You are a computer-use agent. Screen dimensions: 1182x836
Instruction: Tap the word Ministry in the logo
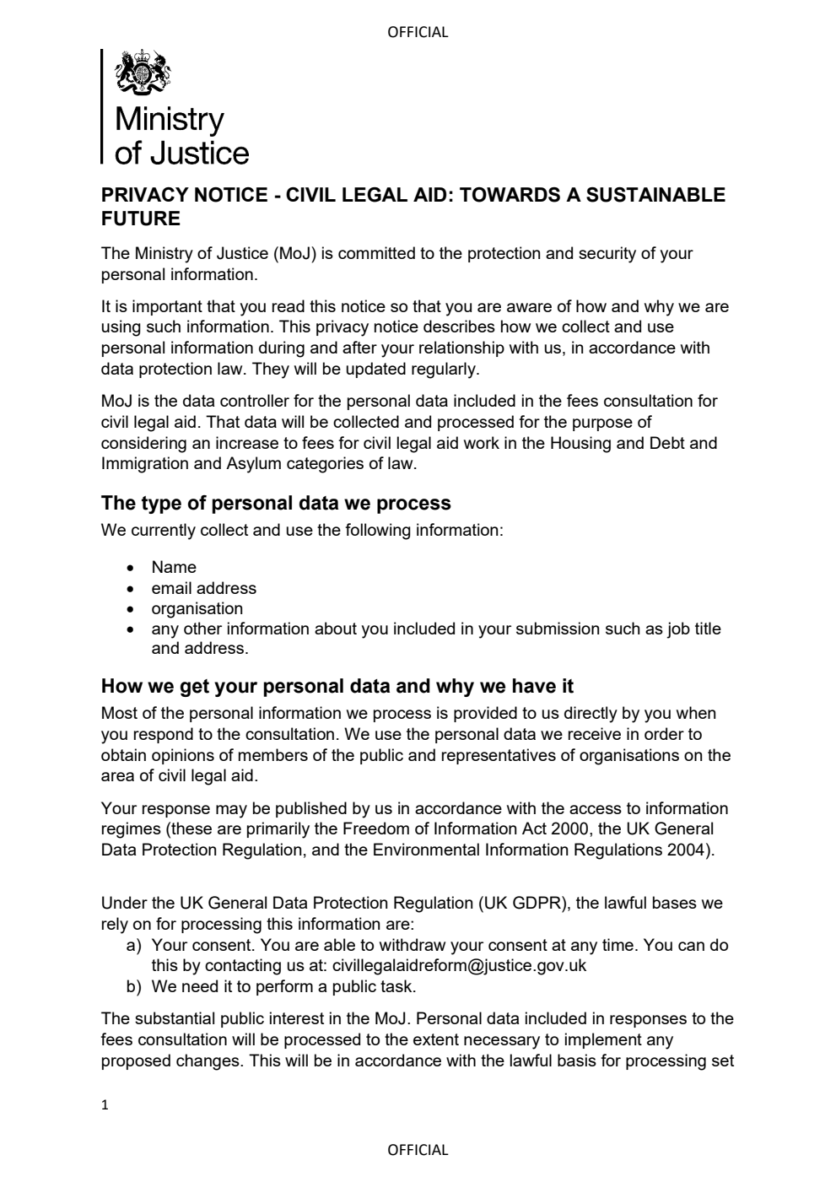(x=169, y=119)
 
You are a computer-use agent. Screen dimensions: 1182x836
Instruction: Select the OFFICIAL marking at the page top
(x=418, y=32)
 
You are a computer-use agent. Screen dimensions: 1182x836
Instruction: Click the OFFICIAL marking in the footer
(x=418, y=1149)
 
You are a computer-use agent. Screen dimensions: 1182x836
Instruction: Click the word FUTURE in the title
(x=141, y=219)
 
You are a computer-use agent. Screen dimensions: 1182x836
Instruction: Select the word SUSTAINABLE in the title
(x=655, y=195)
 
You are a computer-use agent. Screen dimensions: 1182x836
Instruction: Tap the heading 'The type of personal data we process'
(x=276, y=504)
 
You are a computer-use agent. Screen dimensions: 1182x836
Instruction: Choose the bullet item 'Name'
(x=174, y=568)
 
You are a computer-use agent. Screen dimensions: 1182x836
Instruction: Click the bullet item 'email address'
(x=203, y=588)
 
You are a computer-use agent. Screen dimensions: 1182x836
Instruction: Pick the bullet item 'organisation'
(x=197, y=608)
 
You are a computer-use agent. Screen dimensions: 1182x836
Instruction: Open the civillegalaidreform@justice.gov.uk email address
(x=459, y=965)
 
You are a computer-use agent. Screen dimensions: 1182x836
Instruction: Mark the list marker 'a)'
(x=133, y=945)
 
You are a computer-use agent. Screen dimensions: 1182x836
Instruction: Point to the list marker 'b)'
(x=133, y=985)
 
